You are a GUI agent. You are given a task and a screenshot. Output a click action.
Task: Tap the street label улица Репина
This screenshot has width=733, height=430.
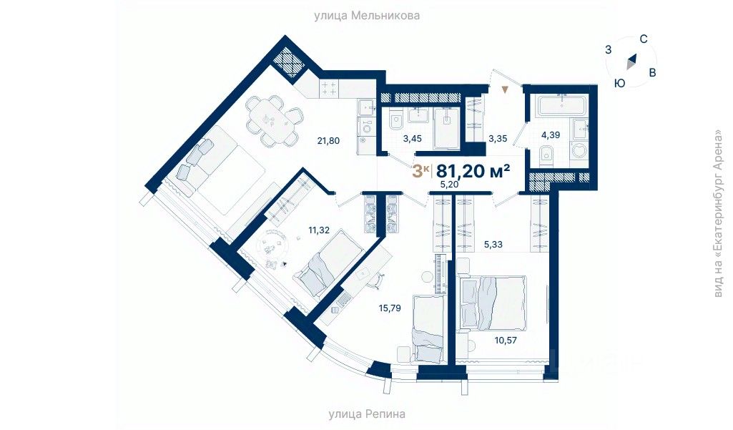pos(367,414)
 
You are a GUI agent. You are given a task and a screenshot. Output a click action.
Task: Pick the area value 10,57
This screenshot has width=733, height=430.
pos(506,341)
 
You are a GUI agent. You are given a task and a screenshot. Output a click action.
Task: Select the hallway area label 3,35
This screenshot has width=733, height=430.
pos(498,139)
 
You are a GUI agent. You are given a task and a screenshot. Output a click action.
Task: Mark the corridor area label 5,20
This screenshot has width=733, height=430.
pos(449,184)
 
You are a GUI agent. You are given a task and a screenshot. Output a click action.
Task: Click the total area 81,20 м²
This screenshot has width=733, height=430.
pos(473,170)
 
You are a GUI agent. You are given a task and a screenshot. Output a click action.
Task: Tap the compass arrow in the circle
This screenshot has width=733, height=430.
pos(631,62)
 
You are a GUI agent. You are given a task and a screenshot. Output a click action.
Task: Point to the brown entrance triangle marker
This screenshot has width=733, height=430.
pos(506,89)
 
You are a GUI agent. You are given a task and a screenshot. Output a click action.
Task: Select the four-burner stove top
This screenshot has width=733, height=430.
pos(330,89)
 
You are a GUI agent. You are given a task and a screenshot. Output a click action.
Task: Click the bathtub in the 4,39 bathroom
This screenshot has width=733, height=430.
pos(561,107)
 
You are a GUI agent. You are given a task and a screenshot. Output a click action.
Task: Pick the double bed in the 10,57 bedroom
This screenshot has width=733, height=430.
pos(493,301)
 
